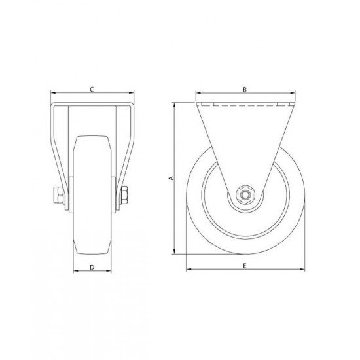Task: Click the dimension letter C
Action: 92,88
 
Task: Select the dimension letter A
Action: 171,177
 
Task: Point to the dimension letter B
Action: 243,88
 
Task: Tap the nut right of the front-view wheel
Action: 124,195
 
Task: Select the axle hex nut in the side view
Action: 244,195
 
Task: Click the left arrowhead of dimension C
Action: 52,93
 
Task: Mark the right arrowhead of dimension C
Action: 132,93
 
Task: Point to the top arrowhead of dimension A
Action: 175,105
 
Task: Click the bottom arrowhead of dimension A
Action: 175,251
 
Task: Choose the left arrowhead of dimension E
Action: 188,269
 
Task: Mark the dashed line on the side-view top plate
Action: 243,105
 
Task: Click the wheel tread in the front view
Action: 92,196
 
